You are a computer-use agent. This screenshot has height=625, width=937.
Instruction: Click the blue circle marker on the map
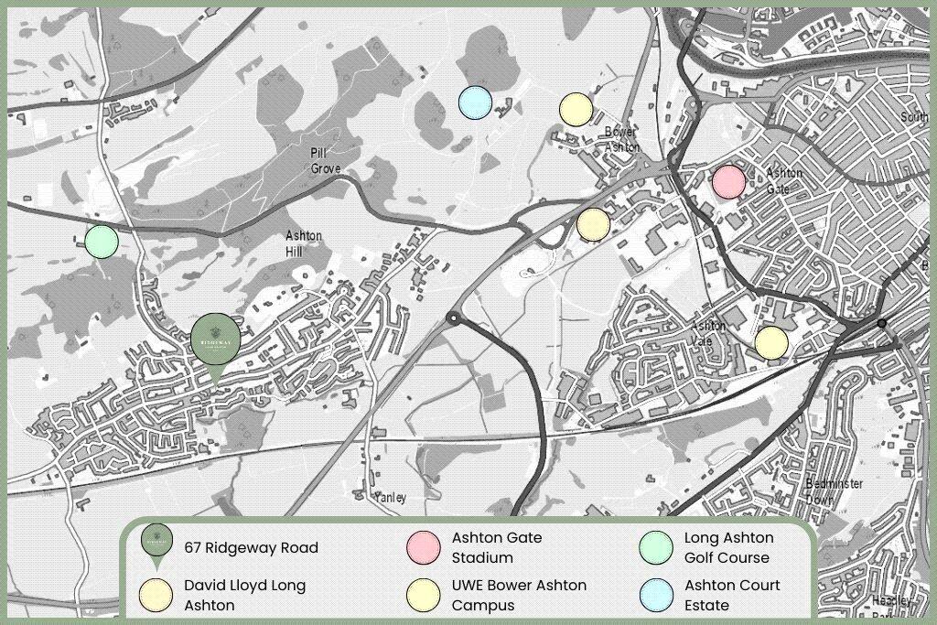(x=475, y=102)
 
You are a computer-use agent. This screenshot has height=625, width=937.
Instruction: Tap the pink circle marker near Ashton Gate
(x=729, y=181)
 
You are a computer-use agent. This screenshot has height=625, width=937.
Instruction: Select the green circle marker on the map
(x=102, y=242)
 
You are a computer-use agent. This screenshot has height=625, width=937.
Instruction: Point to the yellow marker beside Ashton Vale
(x=771, y=342)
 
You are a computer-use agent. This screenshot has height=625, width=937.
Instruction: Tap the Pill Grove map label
(x=326, y=161)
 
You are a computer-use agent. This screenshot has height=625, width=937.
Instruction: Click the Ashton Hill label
(x=304, y=243)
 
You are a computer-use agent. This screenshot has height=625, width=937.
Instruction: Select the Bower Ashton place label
(x=622, y=139)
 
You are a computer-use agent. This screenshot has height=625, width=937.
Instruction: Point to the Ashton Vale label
(x=709, y=333)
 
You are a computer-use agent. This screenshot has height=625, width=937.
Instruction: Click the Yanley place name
(x=390, y=498)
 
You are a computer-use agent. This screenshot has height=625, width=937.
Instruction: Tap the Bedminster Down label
(x=835, y=491)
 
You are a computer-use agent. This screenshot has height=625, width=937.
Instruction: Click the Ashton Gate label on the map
(x=784, y=180)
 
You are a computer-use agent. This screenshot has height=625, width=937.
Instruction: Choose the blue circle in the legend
(x=656, y=595)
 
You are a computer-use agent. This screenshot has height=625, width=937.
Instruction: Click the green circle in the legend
(x=656, y=547)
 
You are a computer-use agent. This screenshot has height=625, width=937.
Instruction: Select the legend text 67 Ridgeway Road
(x=251, y=548)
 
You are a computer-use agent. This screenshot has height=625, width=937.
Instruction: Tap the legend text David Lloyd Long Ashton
(x=244, y=595)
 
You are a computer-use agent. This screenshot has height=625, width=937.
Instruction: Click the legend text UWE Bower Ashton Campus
(x=519, y=595)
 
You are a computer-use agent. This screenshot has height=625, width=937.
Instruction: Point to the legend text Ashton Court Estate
(x=732, y=595)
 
